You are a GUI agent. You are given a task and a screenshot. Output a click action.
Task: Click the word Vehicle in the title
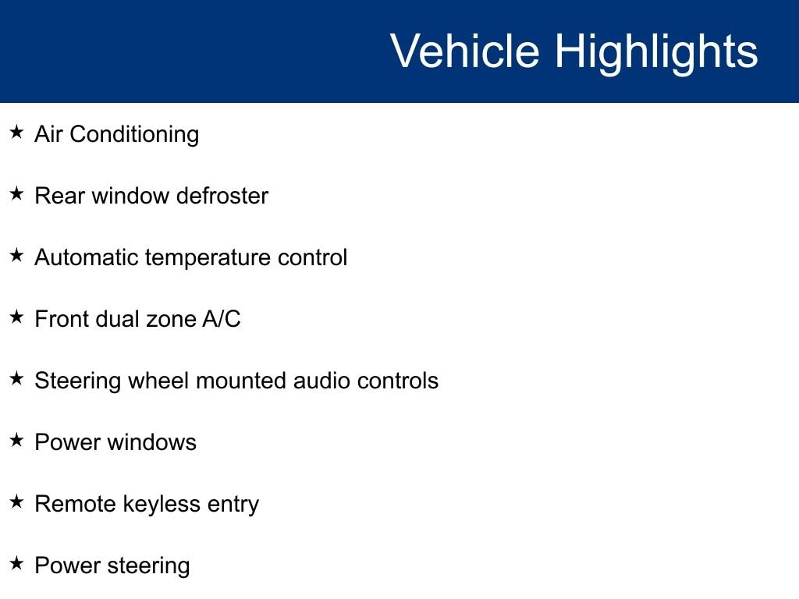click(x=465, y=51)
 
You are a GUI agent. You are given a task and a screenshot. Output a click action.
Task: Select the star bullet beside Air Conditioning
click(x=16, y=132)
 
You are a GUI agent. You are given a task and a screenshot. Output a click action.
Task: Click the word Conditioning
click(x=134, y=135)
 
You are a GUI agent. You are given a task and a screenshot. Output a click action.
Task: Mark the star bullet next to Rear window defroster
click(x=16, y=193)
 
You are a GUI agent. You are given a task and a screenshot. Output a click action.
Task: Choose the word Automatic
click(x=87, y=257)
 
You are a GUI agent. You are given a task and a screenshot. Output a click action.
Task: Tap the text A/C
click(x=221, y=319)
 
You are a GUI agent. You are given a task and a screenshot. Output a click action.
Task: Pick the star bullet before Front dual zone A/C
click(x=16, y=317)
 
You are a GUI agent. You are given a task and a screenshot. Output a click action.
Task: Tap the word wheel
click(x=158, y=381)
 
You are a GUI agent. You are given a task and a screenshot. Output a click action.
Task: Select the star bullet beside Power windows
click(x=16, y=440)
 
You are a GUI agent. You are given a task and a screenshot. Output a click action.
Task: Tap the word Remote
click(x=76, y=504)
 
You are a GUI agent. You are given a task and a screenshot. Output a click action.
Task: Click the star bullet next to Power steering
click(x=16, y=563)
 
